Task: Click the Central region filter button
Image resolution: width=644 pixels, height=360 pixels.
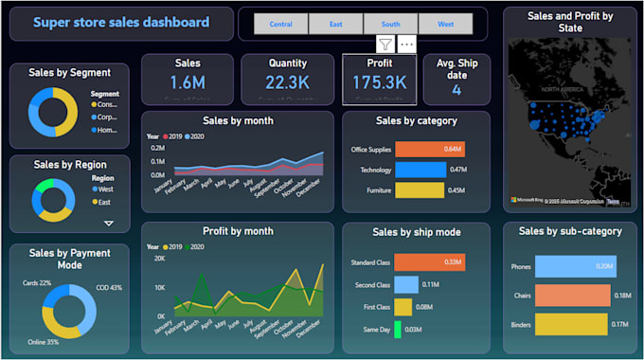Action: click(281, 24)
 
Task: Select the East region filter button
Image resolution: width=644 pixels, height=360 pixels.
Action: click(336, 24)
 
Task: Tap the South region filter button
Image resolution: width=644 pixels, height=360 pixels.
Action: click(390, 24)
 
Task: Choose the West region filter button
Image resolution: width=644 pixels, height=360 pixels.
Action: click(445, 24)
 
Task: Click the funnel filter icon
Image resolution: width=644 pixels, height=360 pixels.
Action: click(385, 44)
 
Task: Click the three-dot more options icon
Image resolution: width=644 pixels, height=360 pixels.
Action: click(406, 44)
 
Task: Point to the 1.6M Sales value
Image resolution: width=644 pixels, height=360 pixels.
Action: click(188, 83)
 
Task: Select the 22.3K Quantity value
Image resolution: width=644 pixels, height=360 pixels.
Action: click(287, 83)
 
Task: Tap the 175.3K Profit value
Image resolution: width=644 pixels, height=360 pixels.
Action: click(379, 83)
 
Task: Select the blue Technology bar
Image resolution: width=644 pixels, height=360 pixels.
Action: click(420, 170)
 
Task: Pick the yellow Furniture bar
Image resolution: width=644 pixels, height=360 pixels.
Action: click(419, 190)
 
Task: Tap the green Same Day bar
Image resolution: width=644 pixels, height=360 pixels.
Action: click(398, 329)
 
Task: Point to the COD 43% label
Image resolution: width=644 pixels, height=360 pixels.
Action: click(109, 287)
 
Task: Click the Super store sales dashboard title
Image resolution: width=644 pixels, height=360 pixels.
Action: click(121, 23)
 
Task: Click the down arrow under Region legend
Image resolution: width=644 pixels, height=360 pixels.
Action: click(109, 224)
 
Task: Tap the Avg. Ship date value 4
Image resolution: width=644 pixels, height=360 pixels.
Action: click(456, 90)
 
